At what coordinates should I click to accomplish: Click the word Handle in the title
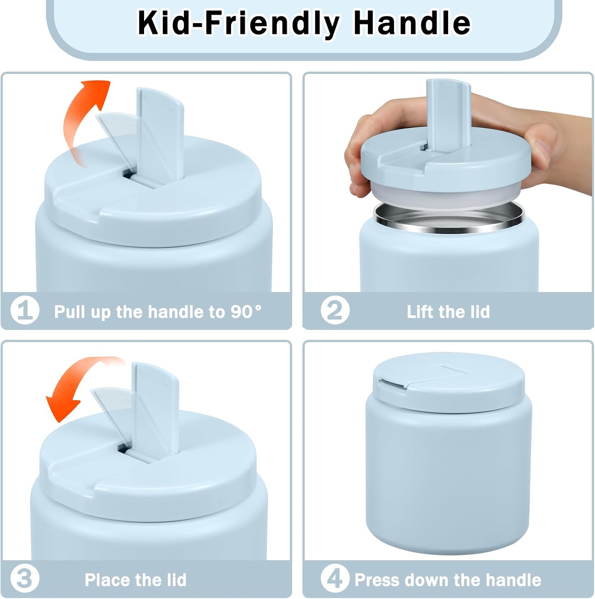tap(412, 23)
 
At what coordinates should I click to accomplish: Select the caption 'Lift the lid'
tap(448, 311)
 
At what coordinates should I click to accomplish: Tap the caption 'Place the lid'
tap(136, 580)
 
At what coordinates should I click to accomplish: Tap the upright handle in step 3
tap(155, 411)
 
